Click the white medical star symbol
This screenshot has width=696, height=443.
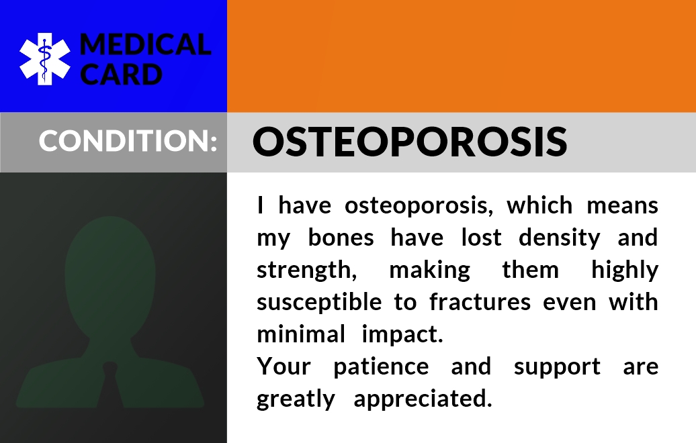(45, 59)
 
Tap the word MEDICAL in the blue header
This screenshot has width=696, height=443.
(145, 44)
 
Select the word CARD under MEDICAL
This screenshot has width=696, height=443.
(121, 74)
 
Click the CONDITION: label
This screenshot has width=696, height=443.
(128, 140)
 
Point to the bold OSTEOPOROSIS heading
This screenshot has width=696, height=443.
(410, 142)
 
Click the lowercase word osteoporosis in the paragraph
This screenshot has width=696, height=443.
(419, 206)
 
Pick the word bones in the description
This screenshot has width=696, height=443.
(341, 237)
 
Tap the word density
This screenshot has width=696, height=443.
(559, 238)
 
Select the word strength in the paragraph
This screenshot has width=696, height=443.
(307, 270)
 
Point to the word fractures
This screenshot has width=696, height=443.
(480, 302)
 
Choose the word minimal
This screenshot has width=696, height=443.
(301, 334)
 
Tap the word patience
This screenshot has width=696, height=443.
(382, 367)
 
